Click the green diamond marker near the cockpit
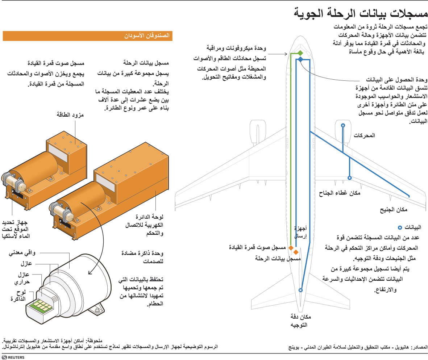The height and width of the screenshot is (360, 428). [300, 53]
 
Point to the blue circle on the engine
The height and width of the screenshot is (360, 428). [343, 125]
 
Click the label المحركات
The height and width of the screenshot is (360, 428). [364, 136]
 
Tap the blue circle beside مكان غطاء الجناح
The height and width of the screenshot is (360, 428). [349, 178]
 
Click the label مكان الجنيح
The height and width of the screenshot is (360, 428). [393, 210]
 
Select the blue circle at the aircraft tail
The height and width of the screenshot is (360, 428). [300, 290]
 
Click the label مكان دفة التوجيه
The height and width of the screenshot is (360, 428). [299, 321]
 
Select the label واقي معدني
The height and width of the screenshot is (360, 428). [22, 254]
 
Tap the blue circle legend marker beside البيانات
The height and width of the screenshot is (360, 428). [400, 228]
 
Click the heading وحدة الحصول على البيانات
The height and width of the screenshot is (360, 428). [396, 80]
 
